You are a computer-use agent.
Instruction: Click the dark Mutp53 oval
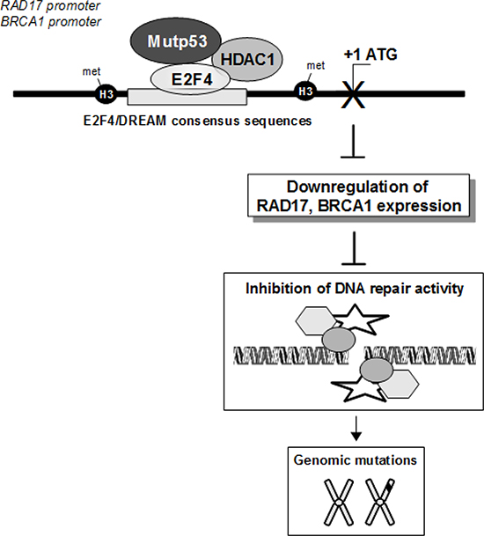(x=176, y=41)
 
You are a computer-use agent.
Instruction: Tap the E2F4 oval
(x=190, y=79)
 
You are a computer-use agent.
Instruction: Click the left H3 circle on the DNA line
(x=106, y=93)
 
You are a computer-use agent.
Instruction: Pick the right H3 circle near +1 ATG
(x=305, y=92)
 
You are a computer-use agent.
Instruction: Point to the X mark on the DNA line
(x=354, y=94)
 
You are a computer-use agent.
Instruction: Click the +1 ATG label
(x=370, y=55)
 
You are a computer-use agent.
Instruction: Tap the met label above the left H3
(x=92, y=71)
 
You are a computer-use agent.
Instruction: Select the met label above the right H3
(x=316, y=65)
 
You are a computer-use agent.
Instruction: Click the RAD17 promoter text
(x=50, y=6)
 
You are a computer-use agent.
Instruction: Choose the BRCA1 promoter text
(x=51, y=21)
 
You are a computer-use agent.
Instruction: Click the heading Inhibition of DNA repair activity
(x=355, y=289)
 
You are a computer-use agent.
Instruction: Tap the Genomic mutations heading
(x=356, y=460)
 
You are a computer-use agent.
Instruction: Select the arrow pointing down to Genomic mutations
(x=356, y=429)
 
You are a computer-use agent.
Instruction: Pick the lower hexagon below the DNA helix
(x=399, y=384)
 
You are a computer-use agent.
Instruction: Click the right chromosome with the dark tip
(x=380, y=502)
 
